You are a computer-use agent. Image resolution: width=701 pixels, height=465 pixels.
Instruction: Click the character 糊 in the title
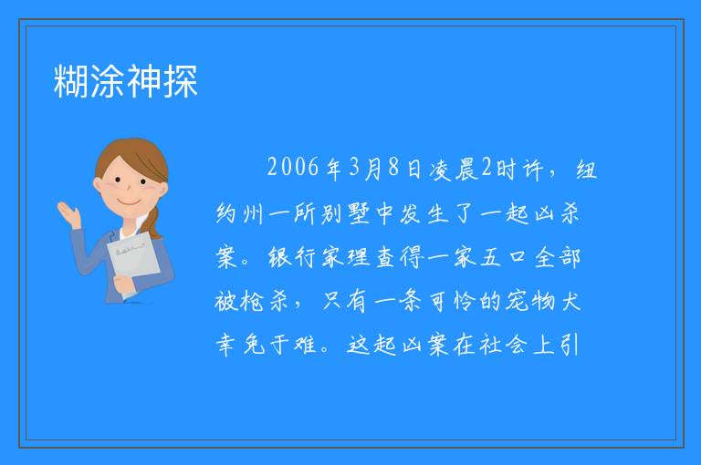click(x=71, y=81)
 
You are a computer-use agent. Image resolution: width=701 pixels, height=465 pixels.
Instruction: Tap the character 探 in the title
click(x=180, y=81)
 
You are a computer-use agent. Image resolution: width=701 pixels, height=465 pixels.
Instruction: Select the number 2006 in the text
click(x=293, y=168)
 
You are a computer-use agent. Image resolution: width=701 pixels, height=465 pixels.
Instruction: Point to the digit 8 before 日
click(x=393, y=167)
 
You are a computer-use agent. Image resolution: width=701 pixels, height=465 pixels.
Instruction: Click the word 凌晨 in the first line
click(x=454, y=169)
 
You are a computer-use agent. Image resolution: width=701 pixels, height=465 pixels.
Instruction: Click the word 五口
click(x=504, y=257)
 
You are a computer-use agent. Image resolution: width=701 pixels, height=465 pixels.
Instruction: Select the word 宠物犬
click(x=543, y=301)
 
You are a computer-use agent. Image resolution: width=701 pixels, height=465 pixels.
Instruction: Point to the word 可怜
click(x=451, y=302)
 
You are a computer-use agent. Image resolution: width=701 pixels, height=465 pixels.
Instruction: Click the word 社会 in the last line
click(x=504, y=345)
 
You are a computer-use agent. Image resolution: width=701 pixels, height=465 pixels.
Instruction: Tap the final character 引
click(x=570, y=345)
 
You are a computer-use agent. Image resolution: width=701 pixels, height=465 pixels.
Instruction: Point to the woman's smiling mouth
click(x=129, y=203)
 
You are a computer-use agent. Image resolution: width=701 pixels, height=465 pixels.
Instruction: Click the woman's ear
click(x=97, y=185)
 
